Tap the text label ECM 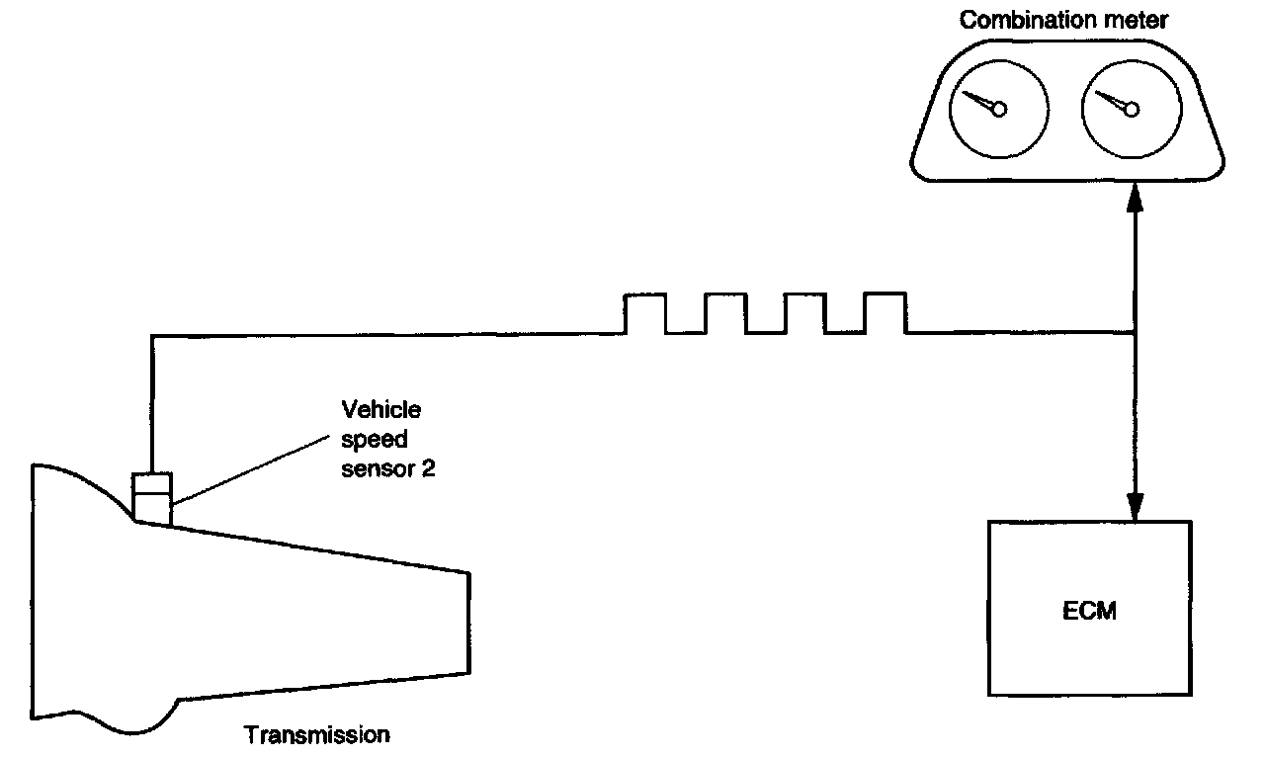pyautogui.click(x=1091, y=611)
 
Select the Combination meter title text pyautogui.click(x=1064, y=20)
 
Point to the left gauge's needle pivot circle pyautogui.click(x=999, y=109)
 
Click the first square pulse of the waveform pyautogui.click(x=645, y=312)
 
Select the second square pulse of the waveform pyautogui.click(x=725, y=312)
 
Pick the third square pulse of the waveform pyautogui.click(x=804, y=312)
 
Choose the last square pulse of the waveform pyautogui.click(x=885, y=312)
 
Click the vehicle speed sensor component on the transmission pyautogui.click(x=152, y=498)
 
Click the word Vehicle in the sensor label pyautogui.click(x=380, y=409)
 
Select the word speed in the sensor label pyautogui.click(x=374, y=440)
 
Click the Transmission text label pyautogui.click(x=317, y=735)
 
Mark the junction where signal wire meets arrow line pyautogui.click(x=1136, y=333)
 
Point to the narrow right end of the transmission pyautogui.click(x=465, y=623)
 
